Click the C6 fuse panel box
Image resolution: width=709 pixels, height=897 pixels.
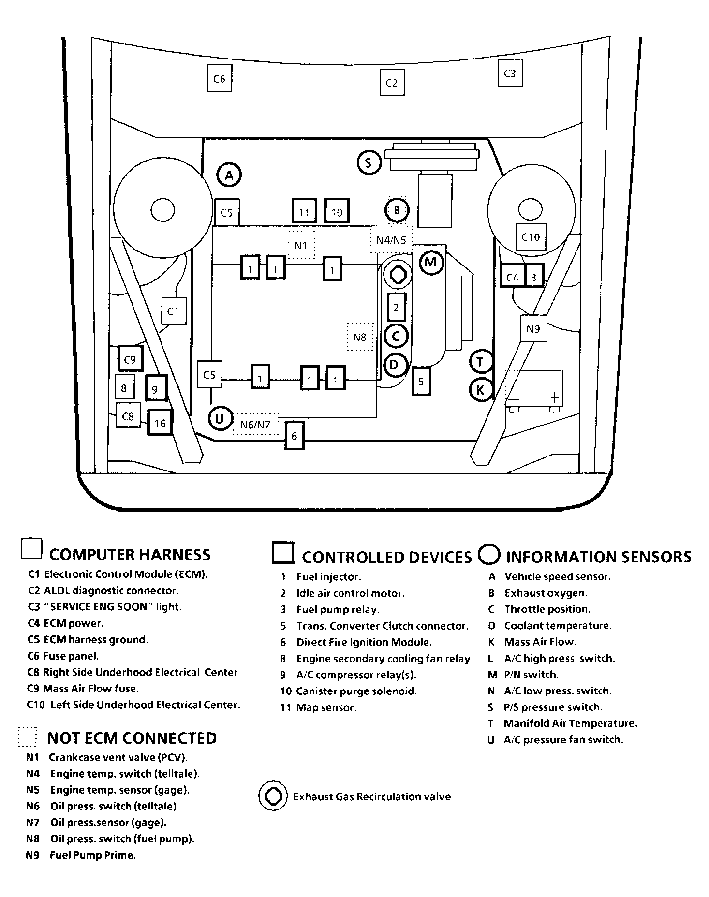pyautogui.click(x=219, y=78)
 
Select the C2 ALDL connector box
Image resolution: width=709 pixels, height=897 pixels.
pyautogui.click(x=391, y=83)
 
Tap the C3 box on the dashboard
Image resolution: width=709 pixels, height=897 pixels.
pyautogui.click(x=510, y=73)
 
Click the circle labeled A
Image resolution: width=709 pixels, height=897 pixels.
pyautogui.click(x=229, y=175)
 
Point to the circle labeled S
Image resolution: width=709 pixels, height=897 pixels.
pyautogui.click(x=369, y=162)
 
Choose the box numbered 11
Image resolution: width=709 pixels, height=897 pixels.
pyautogui.click(x=304, y=211)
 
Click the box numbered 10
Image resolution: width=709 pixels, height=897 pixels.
pyautogui.click(x=337, y=211)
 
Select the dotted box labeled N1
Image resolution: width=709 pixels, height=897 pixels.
pyautogui.click(x=301, y=245)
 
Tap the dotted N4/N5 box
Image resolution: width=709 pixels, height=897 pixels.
pyautogui.click(x=392, y=239)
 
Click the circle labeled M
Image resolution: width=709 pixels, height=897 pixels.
pyautogui.click(x=430, y=263)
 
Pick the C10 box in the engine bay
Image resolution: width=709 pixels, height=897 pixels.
pyautogui.click(x=531, y=236)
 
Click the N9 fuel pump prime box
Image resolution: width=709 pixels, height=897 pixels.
pyautogui.click(x=533, y=329)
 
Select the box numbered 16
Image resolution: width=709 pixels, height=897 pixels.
pyautogui.click(x=160, y=422)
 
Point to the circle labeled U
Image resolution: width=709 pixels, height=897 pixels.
pyautogui.click(x=220, y=418)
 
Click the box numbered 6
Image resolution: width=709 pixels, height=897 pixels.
pyautogui.click(x=295, y=436)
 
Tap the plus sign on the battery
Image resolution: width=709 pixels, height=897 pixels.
pyautogui.click(x=554, y=397)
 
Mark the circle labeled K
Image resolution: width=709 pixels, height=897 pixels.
pyautogui.click(x=481, y=390)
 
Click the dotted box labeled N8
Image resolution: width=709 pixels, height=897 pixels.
pyautogui.click(x=360, y=337)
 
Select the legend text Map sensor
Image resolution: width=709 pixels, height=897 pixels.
pyautogui.click(x=326, y=707)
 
